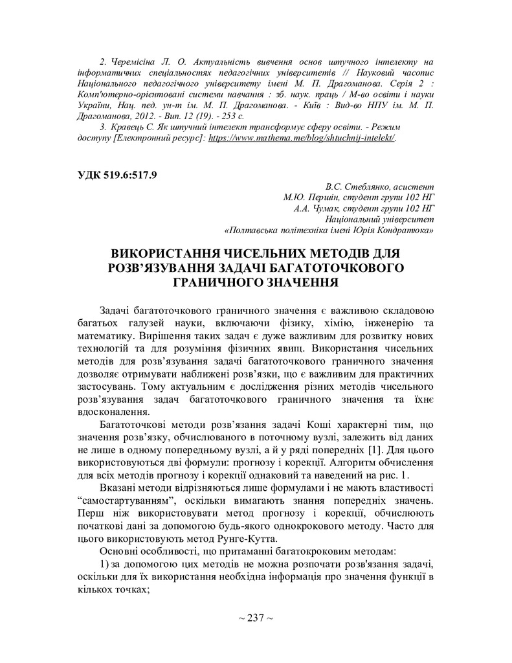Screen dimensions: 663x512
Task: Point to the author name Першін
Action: click(324, 197)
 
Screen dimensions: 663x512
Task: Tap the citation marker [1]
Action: click(375, 450)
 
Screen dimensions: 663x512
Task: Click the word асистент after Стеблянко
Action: click(413, 186)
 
